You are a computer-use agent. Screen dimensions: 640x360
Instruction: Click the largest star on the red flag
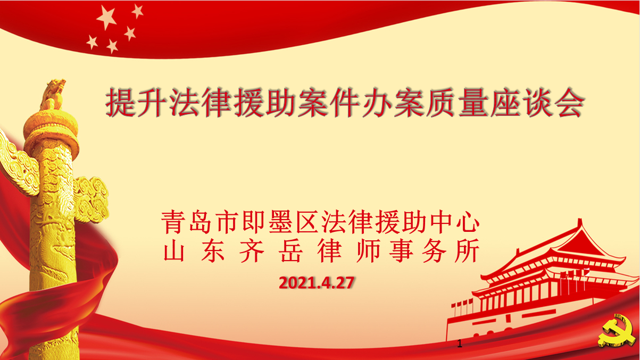click(x=107, y=17)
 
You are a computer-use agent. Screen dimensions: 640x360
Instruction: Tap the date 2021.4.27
click(x=317, y=283)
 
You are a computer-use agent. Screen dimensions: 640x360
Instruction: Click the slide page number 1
click(x=460, y=344)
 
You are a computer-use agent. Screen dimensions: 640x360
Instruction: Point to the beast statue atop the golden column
click(x=53, y=94)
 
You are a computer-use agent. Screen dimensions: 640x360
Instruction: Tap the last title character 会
click(x=570, y=102)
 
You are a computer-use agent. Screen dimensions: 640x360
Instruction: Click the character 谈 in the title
click(x=538, y=102)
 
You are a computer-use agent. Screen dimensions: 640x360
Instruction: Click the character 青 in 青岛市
click(x=172, y=222)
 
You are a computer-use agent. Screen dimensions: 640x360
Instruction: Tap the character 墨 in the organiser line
click(x=279, y=222)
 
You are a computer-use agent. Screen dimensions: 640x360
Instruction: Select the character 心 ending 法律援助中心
click(x=468, y=222)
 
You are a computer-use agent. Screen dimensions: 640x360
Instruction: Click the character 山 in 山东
click(x=174, y=250)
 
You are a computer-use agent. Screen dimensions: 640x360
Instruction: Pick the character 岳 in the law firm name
click(x=290, y=250)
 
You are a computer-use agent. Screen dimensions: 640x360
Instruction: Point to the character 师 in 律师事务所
click(x=369, y=250)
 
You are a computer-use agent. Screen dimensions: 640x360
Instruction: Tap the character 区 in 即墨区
click(x=306, y=222)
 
